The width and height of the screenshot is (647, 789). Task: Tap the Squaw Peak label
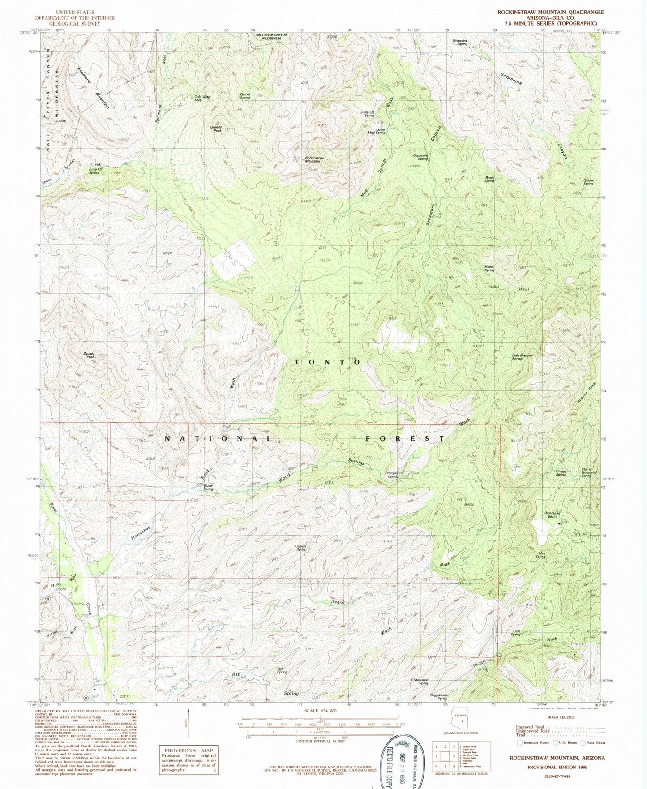[x=90, y=354]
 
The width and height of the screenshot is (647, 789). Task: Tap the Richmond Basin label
[x=552, y=515]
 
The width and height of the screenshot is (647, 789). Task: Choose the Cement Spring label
[x=301, y=548]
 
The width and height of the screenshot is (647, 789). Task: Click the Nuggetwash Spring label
[x=439, y=697]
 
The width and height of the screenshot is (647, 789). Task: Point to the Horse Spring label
[x=489, y=269]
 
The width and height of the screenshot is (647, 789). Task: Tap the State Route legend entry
[x=593, y=742]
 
